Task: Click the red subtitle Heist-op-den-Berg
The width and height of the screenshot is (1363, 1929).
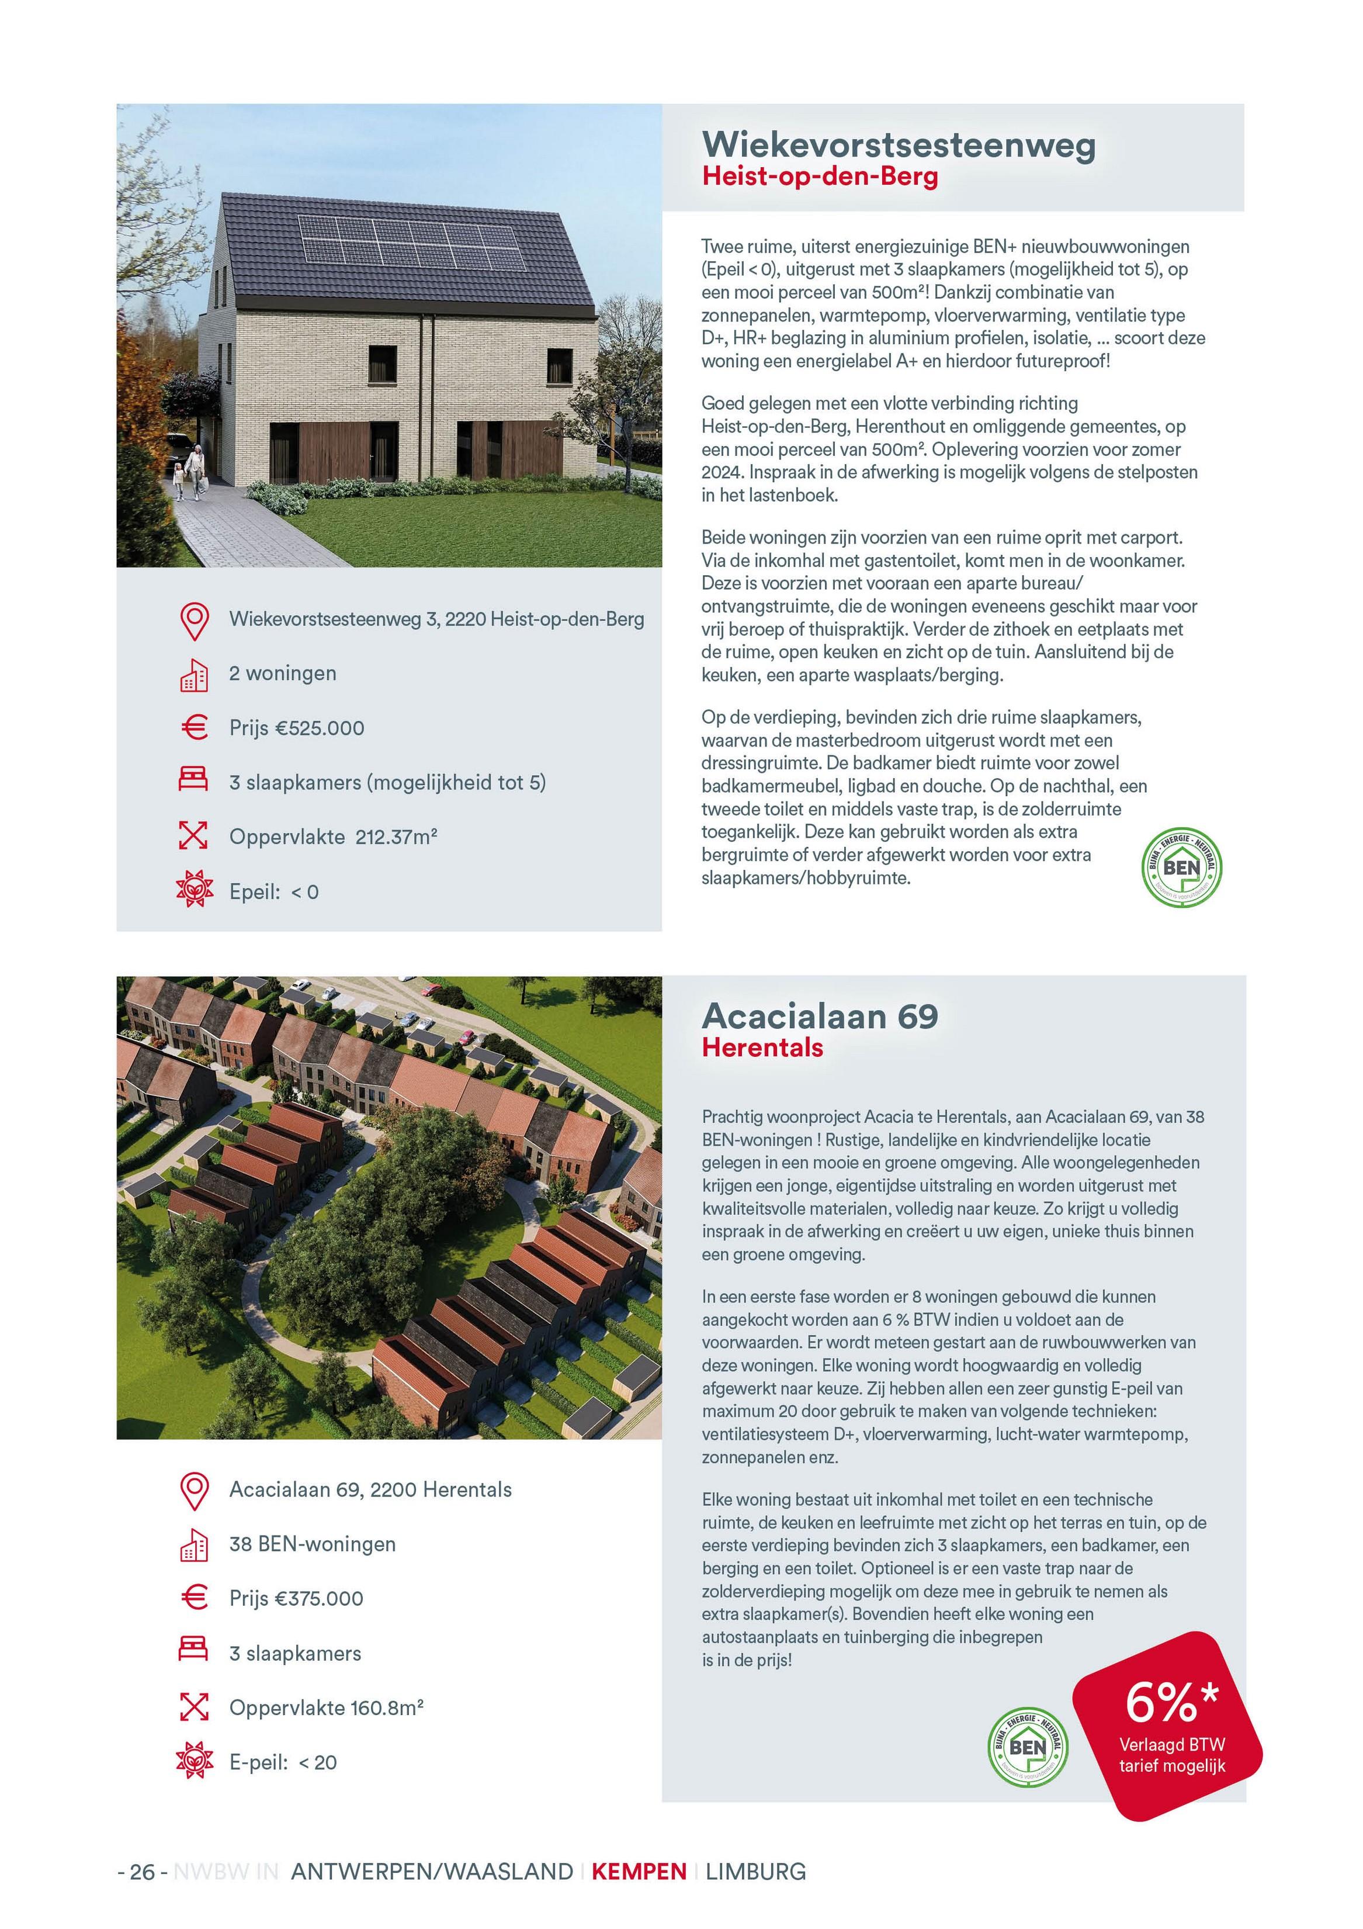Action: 820,177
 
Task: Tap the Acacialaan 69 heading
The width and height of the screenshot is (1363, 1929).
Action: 820,1016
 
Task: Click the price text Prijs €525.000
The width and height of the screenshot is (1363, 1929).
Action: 296,728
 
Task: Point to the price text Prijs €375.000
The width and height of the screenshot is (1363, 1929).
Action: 296,1598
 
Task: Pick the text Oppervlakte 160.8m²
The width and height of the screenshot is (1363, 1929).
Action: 326,1707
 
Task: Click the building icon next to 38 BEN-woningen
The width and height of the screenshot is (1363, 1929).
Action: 194,1544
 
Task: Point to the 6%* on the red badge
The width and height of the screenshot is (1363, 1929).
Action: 1171,1702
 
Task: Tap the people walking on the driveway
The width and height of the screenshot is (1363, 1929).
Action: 188,472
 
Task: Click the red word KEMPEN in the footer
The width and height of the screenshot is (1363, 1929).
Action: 639,1871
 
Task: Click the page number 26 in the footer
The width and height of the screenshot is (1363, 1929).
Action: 143,1871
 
